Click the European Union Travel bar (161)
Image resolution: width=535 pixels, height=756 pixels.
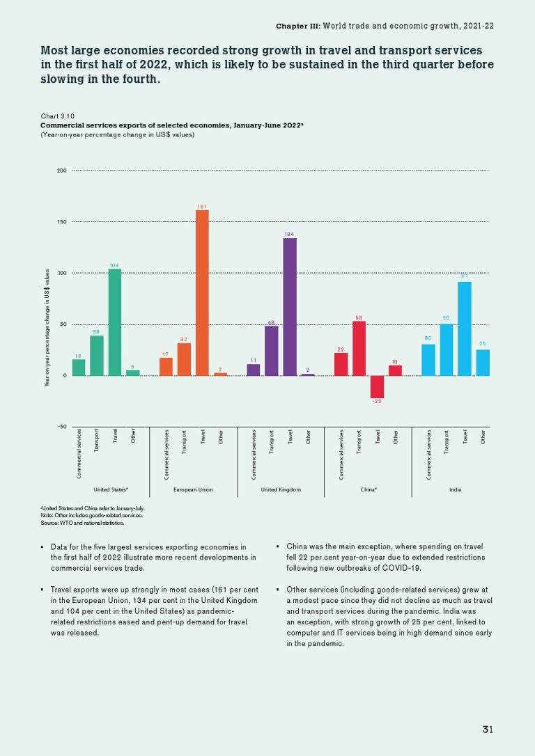tap(202, 292)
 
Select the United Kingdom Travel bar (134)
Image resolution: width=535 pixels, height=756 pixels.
tap(290, 306)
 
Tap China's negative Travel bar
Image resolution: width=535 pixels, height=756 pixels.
tap(377, 386)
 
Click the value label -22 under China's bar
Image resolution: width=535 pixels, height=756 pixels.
tap(377, 402)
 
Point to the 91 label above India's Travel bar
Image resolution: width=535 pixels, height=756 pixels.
tap(464, 276)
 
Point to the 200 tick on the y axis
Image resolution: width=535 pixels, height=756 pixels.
tap(62, 171)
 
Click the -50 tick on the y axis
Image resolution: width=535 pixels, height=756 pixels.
tap(61, 427)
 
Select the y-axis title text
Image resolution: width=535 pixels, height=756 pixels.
tap(47, 327)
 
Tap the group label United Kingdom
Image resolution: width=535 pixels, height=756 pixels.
tap(281, 490)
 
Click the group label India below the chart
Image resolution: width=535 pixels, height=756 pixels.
tap(455, 490)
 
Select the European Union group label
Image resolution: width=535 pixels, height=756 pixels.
tap(193, 490)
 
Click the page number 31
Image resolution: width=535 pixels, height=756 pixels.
tap(488, 730)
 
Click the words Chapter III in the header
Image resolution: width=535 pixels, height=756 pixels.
tap(297, 26)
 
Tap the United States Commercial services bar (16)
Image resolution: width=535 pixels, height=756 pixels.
tap(79, 367)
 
